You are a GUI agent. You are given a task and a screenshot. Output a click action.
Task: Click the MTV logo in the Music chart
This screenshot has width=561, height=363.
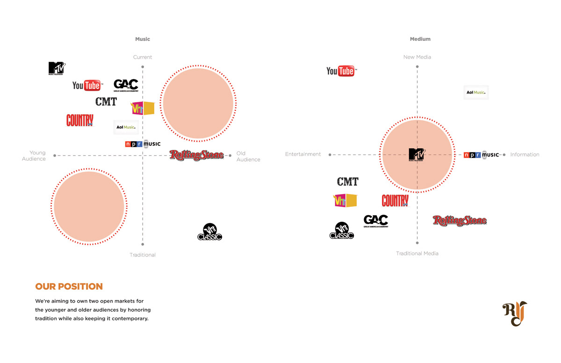tap(57, 68)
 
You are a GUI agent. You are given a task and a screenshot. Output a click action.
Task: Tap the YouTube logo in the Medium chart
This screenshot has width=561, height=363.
tap(340, 71)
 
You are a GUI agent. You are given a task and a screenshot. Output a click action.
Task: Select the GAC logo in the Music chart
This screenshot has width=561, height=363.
tap(126, 85)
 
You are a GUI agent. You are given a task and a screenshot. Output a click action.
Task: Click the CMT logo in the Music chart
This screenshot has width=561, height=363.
tap(106, 102)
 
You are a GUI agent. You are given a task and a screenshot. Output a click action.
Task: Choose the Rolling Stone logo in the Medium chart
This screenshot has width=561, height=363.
tap(460, 220)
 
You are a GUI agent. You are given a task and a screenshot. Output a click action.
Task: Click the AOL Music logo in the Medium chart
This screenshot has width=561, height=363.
tap(476, 93)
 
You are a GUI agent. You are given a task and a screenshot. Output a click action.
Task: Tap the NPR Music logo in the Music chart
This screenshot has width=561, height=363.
tap(143, 144)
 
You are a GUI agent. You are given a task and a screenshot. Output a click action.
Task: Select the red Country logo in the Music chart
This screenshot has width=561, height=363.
tap(79, 120)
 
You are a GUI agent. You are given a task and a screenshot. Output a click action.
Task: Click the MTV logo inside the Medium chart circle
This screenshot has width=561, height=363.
tap(416, 154)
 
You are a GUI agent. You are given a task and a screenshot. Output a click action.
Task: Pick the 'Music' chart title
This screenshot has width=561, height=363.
tap(143, 39)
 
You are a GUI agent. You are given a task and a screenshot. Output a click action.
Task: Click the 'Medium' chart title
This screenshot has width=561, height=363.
tap(420, 39)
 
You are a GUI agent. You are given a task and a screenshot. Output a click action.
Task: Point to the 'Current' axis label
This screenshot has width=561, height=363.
tap(143, 57)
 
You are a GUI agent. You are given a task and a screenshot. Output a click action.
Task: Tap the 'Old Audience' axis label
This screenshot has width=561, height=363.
tap(248, 156)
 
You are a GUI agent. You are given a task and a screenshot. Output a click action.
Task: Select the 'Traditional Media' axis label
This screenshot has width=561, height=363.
tap(417, 254)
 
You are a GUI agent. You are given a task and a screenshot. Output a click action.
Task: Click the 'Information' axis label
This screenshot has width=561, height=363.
tap(525, 154)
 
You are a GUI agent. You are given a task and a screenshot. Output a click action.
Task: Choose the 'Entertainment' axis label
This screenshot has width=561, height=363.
tap(303, 154)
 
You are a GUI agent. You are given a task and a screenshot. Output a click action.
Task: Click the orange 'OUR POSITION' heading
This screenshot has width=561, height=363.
tap(69, 286)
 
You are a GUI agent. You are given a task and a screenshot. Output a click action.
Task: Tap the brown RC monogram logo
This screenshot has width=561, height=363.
tap(514, 313)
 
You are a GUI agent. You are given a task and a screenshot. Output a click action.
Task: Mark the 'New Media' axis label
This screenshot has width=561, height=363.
tap(417, 57)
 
